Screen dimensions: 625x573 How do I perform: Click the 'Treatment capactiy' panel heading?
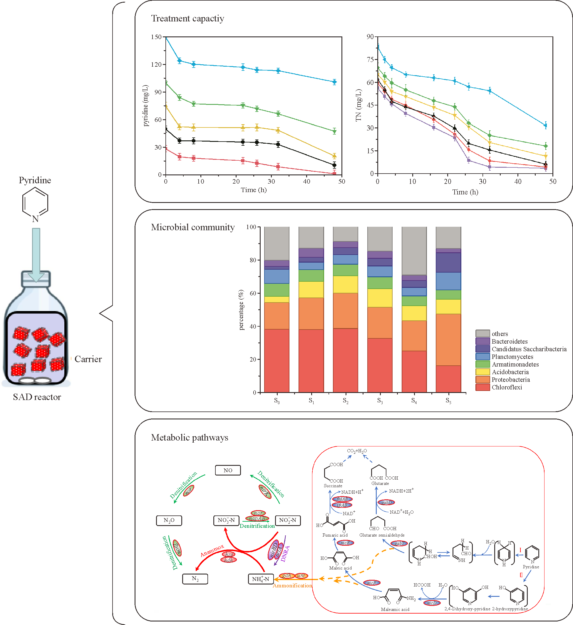click(x=187, y=19)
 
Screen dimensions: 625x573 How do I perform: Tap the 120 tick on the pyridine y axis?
click(x=156, y=65)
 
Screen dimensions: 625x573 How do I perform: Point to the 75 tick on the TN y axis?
click(x=370, y=60)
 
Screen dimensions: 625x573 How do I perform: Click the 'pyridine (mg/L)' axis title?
click(x=145, y=105)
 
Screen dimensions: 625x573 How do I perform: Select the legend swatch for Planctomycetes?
click(x=482, y=357)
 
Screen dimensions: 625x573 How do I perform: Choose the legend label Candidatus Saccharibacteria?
click(x=529, y=349)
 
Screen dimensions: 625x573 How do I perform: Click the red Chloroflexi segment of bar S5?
click(x=448, y=379)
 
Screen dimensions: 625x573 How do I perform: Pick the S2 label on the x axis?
click(x=346, y=401)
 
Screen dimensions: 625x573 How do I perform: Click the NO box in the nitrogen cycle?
click(x=228, y=470)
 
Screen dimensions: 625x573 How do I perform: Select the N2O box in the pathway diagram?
click(x=169, y=520)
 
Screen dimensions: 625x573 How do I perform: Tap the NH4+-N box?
click(x=261, y=579)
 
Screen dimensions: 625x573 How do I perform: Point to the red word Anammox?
click(x=212, y=551)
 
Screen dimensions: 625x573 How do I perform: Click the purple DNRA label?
click(x=285, y=553)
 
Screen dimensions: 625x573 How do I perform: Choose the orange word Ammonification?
click(x=292, y=586)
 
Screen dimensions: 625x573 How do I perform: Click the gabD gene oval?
click(x=386, y=503)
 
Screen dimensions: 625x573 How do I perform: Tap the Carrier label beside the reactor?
click(x=88, y=359)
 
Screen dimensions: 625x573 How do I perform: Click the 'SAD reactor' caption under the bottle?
click(x=37, y=397)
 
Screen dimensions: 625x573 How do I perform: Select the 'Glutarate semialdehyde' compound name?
click(x=382, y=535)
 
